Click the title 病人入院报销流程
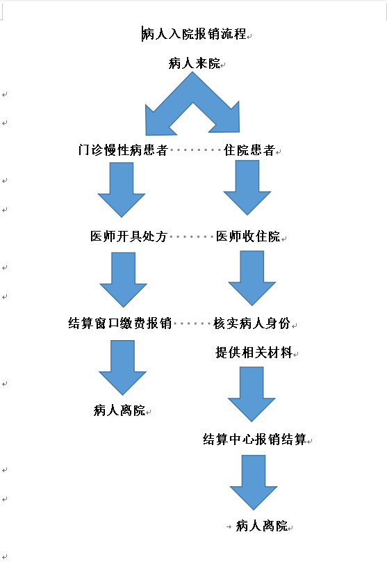(x=194, y=33)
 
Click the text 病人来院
(x=195, y=63)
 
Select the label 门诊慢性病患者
(x=123, y=150)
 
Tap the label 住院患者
(x=249, y=150)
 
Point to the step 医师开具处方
(x=129, y=236)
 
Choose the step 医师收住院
(x=248, y=236)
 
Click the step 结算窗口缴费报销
(x=120, y=323)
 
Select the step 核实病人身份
(x=252, y=323)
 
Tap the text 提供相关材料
(x=254, y=353)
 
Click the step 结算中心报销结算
(x=254, y=439)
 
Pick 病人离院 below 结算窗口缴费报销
(x=120, y=410)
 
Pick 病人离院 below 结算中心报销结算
(x=262, y=526)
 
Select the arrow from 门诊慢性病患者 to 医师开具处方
(x=122, y=190)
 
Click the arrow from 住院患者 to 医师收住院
(x=247, y=188)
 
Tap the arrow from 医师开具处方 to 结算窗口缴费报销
(x=124, y=280)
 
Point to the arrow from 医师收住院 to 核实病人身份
(x=252, y=278)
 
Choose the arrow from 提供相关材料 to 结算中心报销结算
(x=252, y=394)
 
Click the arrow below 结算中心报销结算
(x=254, y=483)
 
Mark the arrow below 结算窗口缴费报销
(x=122, y=368)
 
